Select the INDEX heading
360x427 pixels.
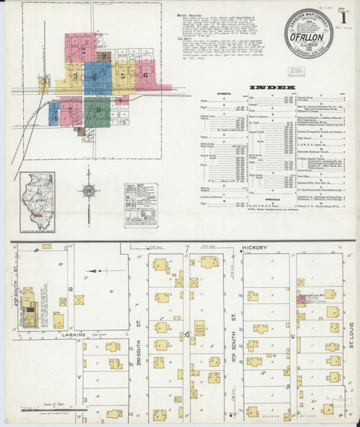coord(272,88)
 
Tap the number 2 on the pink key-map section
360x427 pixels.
coord(84,50)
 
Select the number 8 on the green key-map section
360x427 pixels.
coord(97,109)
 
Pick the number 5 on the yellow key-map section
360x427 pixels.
coord(123,75)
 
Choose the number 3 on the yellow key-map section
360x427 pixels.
coord(74,75)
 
